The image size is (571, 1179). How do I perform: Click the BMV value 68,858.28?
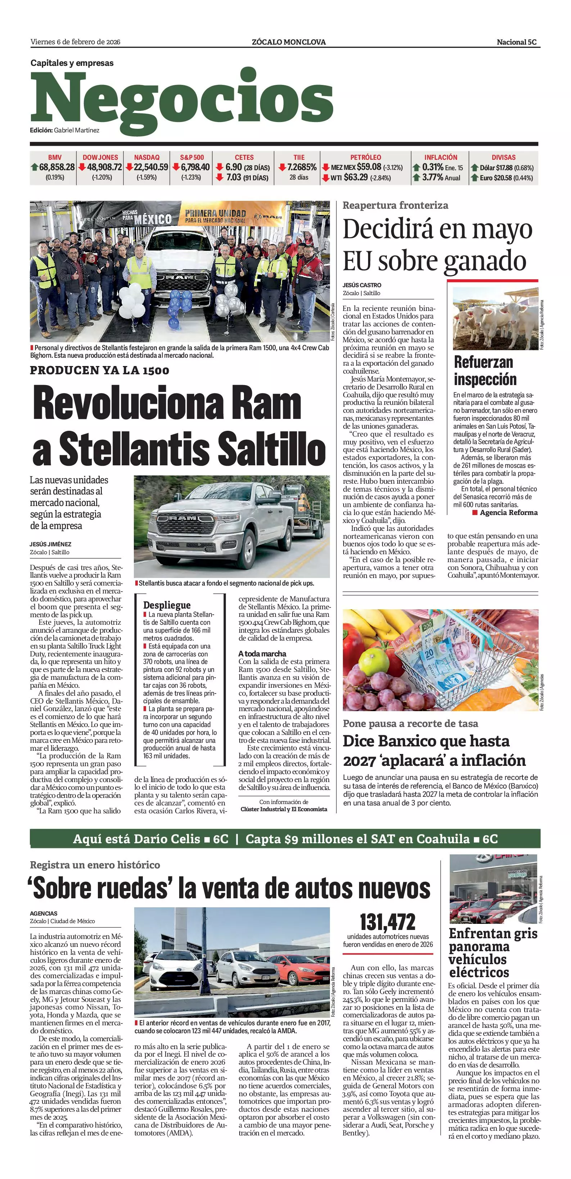point(57,167)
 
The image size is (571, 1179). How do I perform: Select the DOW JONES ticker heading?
point(100,157)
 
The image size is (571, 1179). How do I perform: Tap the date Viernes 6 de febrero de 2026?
point(76,42)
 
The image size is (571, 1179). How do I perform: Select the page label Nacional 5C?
point(517,42)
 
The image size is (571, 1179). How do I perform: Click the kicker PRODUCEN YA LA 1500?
point(100,370)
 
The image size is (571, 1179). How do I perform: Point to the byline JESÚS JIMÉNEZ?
point(50,544)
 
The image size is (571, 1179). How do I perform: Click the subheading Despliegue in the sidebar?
point(167,605)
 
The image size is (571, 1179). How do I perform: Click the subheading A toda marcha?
point(262,654)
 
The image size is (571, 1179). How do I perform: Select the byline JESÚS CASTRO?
point(362,285)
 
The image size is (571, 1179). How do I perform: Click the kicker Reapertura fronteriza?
point(395,205)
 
